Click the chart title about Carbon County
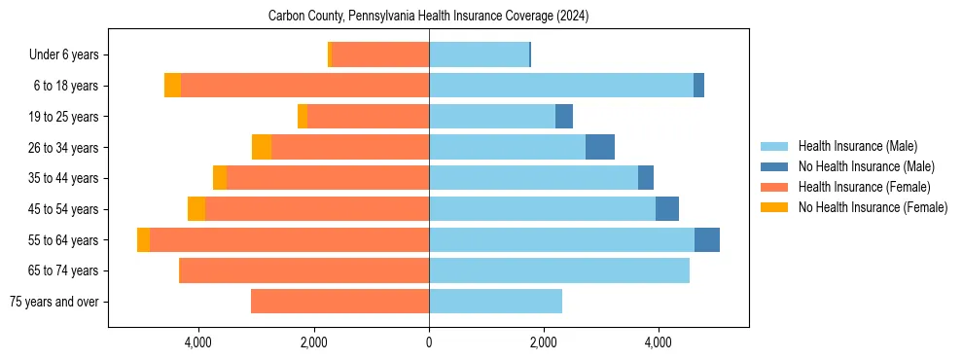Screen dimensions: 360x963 (x=428, y=17)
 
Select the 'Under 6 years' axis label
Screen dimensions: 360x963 (x=70, y=55)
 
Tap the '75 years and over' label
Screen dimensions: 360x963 (x=53, y=302)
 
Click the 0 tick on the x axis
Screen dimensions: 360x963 (x=429, y=342)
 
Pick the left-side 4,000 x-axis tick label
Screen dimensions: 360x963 (x=198, y=342)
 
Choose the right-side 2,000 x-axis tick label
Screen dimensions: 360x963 (x=543, y=342)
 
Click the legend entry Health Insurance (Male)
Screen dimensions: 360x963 (x=857, y=146)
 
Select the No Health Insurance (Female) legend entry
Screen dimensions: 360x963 (x=873, y=207)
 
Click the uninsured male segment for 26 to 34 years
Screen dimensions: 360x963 (x=600, y=147)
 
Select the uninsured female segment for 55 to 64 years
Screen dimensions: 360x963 (x=143, y=239)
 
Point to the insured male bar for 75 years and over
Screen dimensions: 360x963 (x=495, y=302)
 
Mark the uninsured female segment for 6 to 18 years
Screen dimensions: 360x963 (x=172, y=86)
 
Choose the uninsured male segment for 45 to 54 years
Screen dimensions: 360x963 (x=667, y=209)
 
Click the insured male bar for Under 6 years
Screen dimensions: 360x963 (x=479, y=54)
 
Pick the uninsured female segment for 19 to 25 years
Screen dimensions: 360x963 (x=303, y=117)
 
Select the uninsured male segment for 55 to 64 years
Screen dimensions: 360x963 (x=707, y=239)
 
